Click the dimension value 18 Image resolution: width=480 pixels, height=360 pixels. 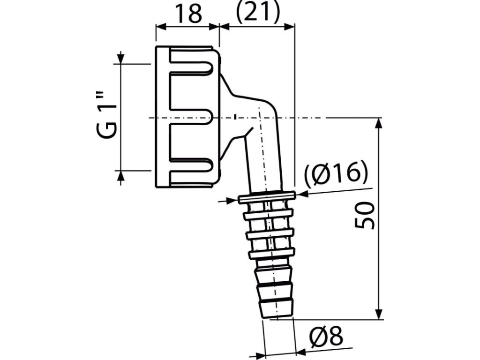[188, 14]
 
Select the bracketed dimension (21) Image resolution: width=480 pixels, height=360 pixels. [257, 13]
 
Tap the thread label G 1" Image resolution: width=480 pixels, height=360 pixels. [107, 117]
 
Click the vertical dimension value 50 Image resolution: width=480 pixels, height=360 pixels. [365, 216]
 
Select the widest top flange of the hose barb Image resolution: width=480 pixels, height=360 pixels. [266, 197]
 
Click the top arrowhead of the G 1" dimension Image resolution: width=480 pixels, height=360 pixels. [120, 59]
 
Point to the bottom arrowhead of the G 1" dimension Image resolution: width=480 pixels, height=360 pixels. [120, 176]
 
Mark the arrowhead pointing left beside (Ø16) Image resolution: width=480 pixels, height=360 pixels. [301, 193]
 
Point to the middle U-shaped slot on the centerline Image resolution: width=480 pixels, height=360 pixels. [190, 117]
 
